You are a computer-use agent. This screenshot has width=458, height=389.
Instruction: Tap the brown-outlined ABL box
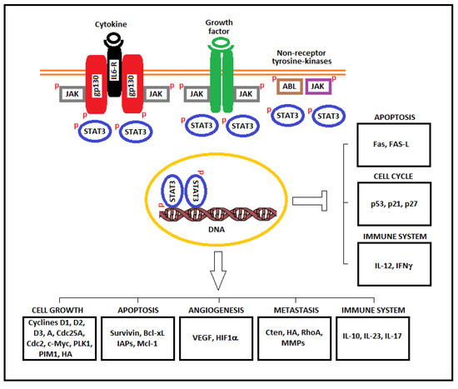tap(288, 85)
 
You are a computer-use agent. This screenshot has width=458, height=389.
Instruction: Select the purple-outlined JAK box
tap(317, 85)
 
